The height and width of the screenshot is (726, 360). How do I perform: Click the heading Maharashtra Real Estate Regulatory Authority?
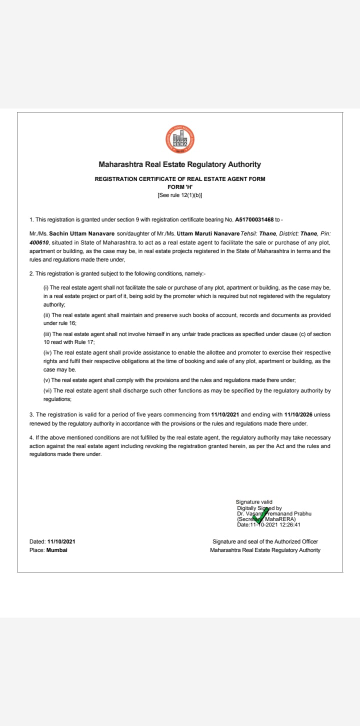click(180, 164)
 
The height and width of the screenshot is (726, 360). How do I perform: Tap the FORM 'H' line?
click(180, 187)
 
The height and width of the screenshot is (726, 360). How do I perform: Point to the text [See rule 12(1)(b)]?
click(180, 195)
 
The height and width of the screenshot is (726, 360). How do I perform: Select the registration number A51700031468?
click(255, 219)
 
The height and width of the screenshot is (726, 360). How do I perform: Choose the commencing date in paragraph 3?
click(225, 415)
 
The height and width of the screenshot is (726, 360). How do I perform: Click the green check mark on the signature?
click(259, 515)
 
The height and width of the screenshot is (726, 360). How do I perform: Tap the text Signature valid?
click(254, 502)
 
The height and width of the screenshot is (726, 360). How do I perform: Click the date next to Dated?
click(61, 541)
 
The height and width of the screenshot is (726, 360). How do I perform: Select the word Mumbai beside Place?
click(56, 550)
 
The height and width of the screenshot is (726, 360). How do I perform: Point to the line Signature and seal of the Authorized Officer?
click(265, 541)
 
